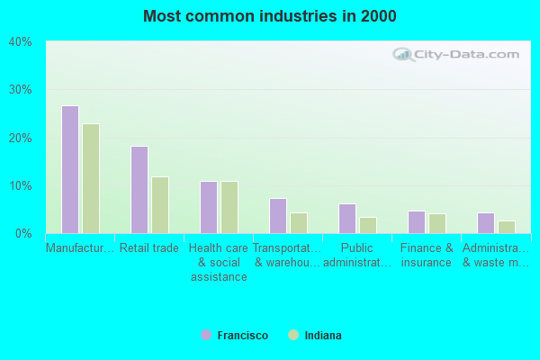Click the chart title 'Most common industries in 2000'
point(269,16)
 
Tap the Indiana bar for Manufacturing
point(91,178)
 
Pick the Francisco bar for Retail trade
point(139,190)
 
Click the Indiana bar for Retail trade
point(160,205)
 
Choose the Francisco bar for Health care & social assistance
point(209,207)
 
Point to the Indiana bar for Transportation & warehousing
point(299,223)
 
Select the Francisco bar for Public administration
point(347,219)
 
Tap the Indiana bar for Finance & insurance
point(437,223)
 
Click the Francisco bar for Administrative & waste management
point(486,223)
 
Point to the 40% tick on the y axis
point(21,42)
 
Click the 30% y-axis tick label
point(21,90)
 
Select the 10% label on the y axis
point(21,186)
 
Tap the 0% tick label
point(23,234)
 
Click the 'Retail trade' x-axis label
point(149,248)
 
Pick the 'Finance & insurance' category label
point(427,256)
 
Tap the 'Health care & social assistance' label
point(219,262)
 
